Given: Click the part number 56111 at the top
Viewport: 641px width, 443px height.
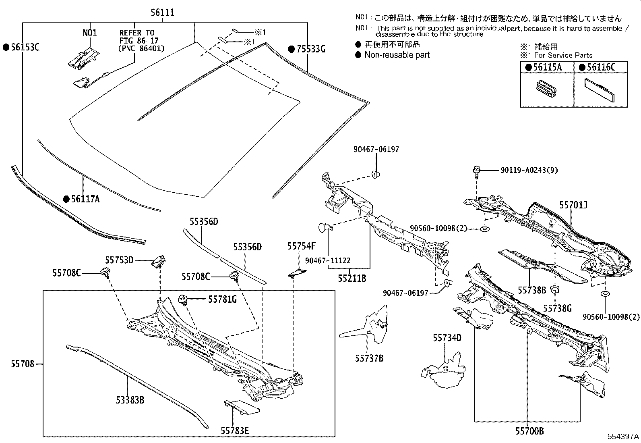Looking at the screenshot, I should pos(162,12).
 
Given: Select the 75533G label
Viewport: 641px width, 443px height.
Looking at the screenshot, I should pos(310,49).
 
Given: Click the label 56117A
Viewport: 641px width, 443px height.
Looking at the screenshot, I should pos(85,199).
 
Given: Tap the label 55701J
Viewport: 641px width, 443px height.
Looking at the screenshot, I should pos(573,206).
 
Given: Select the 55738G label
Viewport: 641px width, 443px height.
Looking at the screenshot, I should pos(557,308).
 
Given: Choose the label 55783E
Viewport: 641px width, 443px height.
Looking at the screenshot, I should pos(235,431).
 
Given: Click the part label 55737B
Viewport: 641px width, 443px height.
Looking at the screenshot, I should pos(369,358).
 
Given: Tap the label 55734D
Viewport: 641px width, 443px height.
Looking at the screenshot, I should pos(447,338).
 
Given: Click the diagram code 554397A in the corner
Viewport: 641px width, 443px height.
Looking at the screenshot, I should pos(623,437).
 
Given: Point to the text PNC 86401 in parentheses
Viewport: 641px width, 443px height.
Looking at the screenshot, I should pos(142,48).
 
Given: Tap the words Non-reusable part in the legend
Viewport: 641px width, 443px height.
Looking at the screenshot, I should pos(397,55).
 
